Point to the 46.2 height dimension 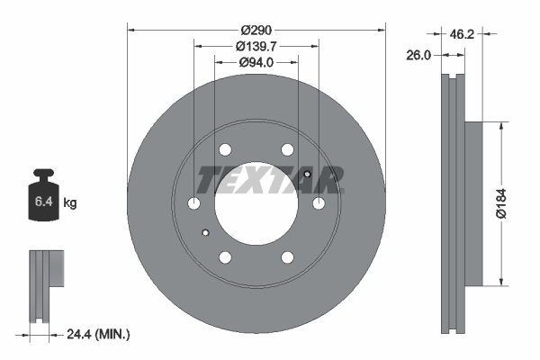[x=462, y=34]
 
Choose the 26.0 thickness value [x=420, y=55]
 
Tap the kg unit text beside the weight [x=70, y=203]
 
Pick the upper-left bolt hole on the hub [x=225, y=150]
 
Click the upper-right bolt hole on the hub [x=287, y=150]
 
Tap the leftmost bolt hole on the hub [x=193, y=204]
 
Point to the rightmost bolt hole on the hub [x=319, y=204]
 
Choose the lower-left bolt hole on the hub [x=225, y=258]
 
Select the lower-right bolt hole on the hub [x=287, y=258]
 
